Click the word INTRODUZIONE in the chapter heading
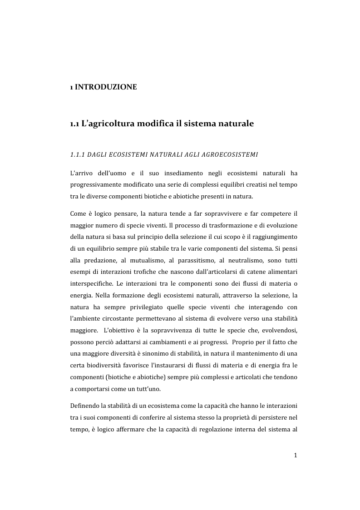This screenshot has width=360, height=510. (x=105, y=86)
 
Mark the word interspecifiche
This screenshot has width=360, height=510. (x=91, y=283)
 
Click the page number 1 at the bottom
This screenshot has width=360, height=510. (x=295, y=456)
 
